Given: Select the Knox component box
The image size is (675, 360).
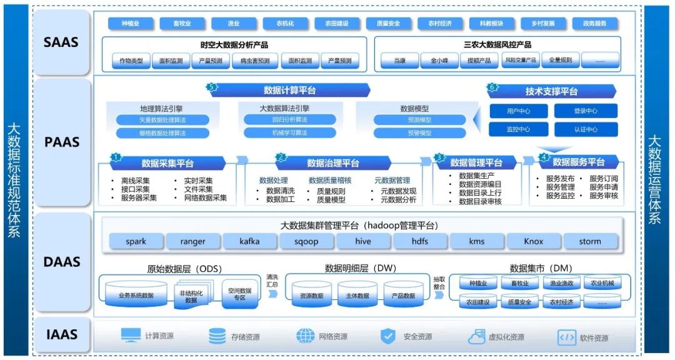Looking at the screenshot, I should [x=533, y=241].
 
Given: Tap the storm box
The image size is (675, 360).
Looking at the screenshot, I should [x=589, y=241].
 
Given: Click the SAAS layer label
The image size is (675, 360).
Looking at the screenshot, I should [x=61, y=43].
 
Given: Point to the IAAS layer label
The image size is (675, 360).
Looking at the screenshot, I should [x=61, y=336].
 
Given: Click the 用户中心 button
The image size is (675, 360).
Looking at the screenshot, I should [x=518, y=111].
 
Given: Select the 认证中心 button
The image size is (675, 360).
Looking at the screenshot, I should [x=586, y=129].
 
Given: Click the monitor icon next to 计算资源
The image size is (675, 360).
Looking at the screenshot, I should [x=131, y=336].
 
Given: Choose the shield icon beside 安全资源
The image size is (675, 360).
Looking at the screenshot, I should [x=388, y=336].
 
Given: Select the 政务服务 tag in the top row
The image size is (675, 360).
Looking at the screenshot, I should [x=594, y=24].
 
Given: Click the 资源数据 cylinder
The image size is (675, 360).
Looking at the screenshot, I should [x=312, y=295].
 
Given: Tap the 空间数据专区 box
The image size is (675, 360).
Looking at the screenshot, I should [x=240, y=294].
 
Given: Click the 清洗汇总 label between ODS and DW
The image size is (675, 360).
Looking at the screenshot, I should [x=272, y=281].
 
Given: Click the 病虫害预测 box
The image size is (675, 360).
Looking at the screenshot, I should [x=251, y=61].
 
